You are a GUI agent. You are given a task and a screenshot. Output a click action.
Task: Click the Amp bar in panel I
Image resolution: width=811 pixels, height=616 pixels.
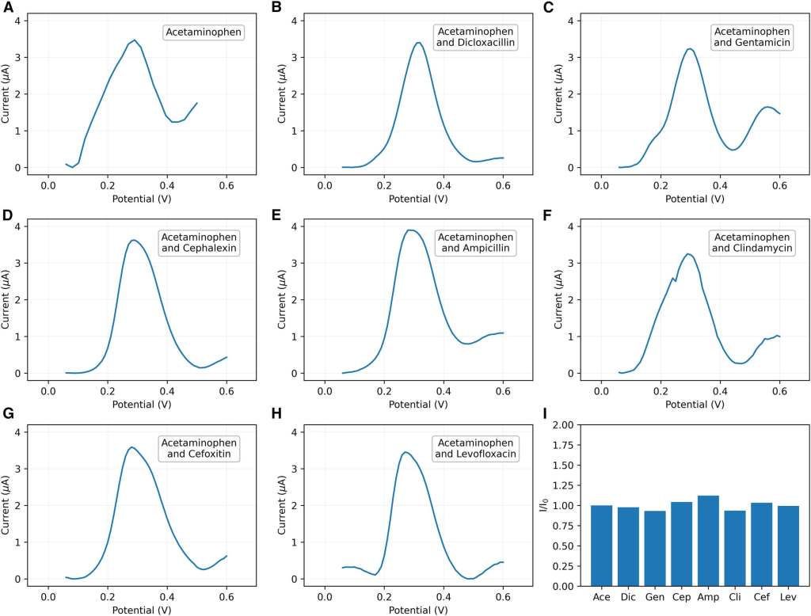pyautogui.click(x=708, y=541)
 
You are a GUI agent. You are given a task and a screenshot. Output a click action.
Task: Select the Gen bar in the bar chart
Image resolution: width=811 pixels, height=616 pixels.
pyautogui.click(x=655, y=549)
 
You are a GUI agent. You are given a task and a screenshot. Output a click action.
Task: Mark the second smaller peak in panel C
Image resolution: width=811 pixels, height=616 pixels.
pyautogui.click(x=767, y=107)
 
